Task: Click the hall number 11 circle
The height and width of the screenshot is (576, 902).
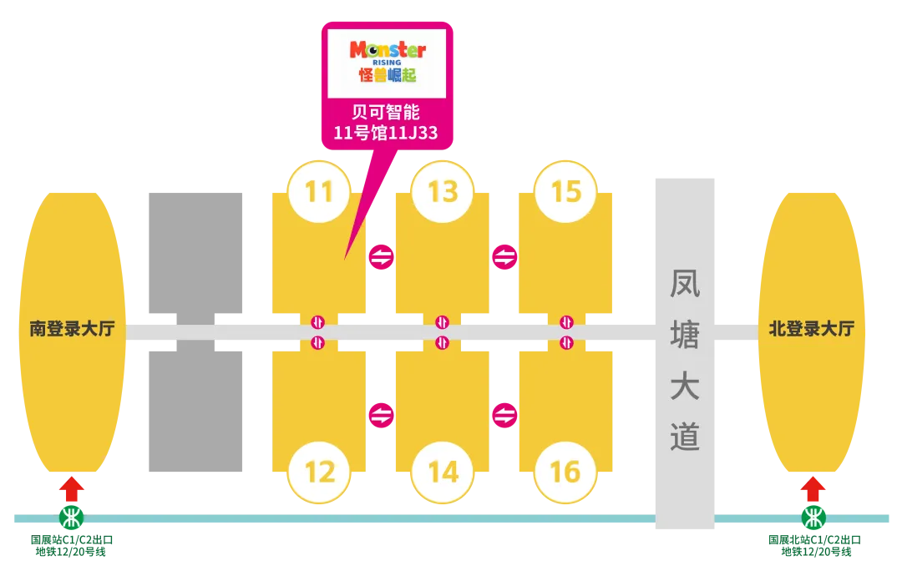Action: tap(319, 192)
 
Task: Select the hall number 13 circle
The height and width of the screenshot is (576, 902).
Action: tap(443, 192)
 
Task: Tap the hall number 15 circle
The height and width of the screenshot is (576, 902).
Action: tap(566, 192)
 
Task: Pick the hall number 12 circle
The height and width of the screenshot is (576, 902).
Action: tap(319, 472)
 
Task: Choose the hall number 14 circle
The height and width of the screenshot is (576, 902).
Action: tap(443, 472)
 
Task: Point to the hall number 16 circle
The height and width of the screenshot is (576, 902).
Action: tap(565, 472)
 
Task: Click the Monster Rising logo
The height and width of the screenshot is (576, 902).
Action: tap(387, 62)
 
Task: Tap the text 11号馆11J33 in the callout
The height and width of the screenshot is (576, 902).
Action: tap(386, 134)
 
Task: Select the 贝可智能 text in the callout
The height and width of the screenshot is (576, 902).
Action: tap(386, 112)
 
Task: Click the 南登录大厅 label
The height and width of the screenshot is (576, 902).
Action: tap(72, 329)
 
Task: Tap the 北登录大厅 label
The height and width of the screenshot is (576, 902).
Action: tap(812, 329)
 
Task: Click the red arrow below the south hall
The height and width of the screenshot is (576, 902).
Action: tap(73, 489)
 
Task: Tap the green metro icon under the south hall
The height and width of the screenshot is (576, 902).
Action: tap(73, 518)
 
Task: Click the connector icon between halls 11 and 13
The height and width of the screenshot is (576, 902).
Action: tap(381, 257)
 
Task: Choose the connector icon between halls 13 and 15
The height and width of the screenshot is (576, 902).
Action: tap(504, 257)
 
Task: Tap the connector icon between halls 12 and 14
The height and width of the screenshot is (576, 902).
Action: tap(381, 415)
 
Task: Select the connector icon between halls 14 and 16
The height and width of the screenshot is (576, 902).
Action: tap(504, 415)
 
